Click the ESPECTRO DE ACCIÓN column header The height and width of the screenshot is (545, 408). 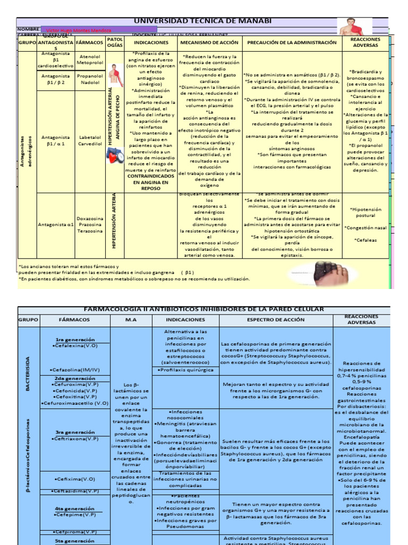coord(276,319)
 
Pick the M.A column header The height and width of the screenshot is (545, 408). coord(131,319)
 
